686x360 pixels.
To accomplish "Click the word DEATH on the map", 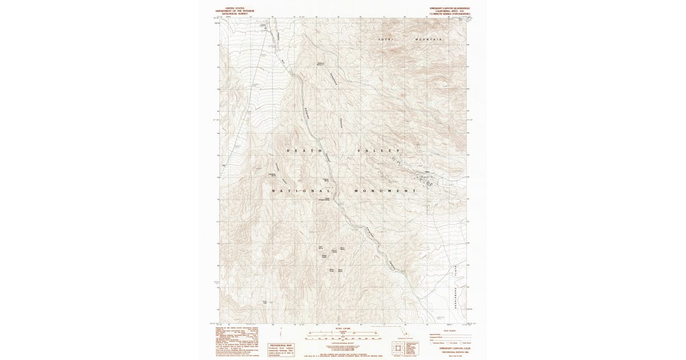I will click(x=301, y=150).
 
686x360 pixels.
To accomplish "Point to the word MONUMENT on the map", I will click(x=384, y=190).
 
